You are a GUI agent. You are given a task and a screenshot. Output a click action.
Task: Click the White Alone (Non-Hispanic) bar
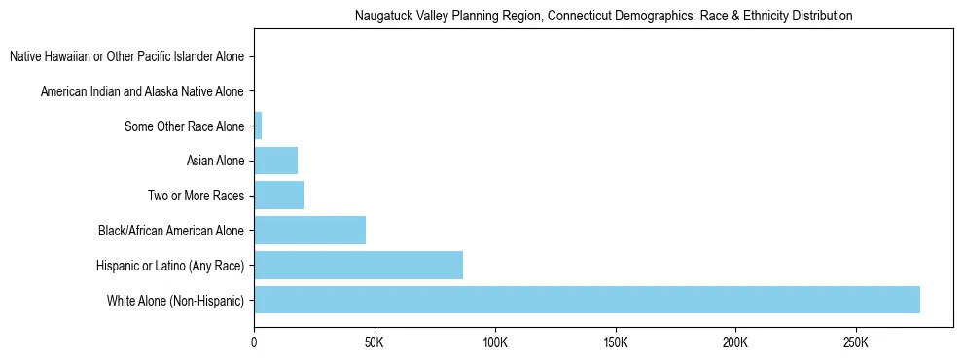587,300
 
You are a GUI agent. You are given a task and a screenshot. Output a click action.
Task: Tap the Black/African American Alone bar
309,231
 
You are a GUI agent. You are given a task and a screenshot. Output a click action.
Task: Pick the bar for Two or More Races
279,196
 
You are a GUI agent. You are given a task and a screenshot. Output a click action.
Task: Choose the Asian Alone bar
275,161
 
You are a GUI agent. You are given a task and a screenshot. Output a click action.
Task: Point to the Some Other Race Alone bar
258,126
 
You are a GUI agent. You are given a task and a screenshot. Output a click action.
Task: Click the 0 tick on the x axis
254,343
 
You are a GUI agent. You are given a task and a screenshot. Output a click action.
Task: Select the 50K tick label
374,343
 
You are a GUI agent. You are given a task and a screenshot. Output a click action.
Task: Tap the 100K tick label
495,343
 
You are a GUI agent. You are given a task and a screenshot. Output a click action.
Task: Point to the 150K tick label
616,343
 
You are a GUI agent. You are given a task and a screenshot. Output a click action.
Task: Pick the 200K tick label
735,343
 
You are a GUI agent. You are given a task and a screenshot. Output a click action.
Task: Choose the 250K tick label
856,343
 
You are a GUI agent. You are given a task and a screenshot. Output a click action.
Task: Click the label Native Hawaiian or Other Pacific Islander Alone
126,56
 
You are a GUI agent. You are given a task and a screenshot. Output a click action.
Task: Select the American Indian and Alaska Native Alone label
142,91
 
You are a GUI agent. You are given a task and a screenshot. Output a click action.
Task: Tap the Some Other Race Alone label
185,126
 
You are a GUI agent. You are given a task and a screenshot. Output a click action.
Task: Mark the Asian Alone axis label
215,161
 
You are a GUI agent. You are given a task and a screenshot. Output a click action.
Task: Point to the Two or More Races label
196,196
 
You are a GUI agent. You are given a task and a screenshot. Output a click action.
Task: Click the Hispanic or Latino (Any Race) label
170,266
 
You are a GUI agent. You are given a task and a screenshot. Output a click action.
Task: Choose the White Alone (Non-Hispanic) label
176,301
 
